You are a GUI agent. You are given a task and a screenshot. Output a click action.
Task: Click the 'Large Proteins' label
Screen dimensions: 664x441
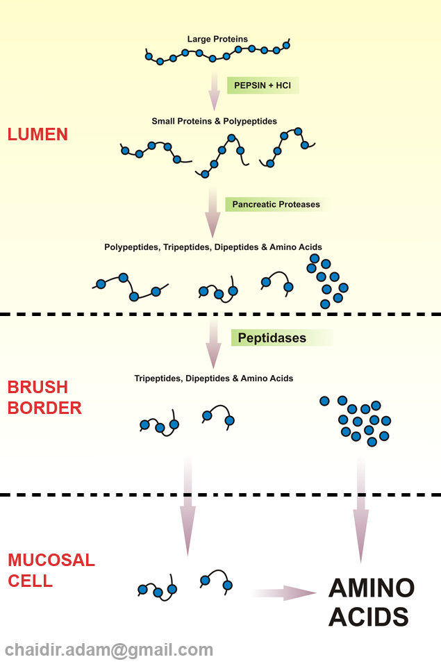click(217, 39)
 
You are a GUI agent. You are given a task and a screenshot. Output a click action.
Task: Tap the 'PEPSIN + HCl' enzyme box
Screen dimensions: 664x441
click(263, 85)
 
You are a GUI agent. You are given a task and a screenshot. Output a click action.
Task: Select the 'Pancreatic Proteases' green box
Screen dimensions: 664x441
click(276, 204)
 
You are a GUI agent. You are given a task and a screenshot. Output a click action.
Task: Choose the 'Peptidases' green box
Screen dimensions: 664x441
click(281, 338)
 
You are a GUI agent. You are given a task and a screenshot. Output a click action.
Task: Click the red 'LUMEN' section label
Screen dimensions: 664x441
click(38, 135)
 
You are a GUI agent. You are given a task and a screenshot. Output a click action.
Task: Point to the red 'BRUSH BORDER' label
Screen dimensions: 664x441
click(44, 398)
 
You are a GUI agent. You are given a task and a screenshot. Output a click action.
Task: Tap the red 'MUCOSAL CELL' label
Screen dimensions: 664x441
click(51, 570)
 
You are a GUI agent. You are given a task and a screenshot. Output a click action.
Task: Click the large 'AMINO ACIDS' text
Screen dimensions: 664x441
click(371, 602)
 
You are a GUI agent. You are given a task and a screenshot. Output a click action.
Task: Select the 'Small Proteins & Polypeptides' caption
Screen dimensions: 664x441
click(214, 122)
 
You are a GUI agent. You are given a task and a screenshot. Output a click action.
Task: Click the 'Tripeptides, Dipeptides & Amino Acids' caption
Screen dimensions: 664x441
click(213, 379)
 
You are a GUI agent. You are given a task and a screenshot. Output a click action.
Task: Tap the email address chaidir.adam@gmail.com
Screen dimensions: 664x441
click(109, 650)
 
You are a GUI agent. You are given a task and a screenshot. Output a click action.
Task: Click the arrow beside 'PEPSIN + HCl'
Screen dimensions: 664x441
click(215, 89)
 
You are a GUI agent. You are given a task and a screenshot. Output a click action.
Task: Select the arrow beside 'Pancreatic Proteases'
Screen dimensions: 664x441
click(213, 212)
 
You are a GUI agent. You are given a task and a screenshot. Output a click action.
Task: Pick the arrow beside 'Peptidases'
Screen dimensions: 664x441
click(214, 344)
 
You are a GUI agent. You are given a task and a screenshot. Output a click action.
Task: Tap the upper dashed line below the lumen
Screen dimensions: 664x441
click(220, 314)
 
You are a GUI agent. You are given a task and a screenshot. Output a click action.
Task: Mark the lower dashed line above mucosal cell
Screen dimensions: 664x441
click(220, 495)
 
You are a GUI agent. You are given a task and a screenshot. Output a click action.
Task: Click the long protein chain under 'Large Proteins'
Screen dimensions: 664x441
click(217, 53)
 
